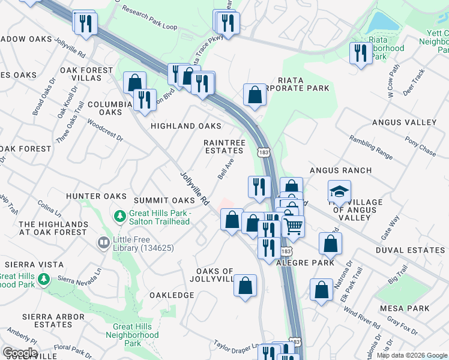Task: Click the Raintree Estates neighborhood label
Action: click(x=224, y=146)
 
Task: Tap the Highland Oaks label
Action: click(x=185, y=126)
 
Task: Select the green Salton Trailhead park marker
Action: click(x=120, y=215)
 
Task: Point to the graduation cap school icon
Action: click(x=339, y=192)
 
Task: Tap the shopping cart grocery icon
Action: click(x=293, y=226)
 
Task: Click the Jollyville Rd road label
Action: click(x=194, y=189)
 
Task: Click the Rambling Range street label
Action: click(x=371, y=148)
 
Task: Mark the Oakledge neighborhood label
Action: click(x=172, y=295)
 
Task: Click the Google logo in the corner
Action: click(x=19, y=353)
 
